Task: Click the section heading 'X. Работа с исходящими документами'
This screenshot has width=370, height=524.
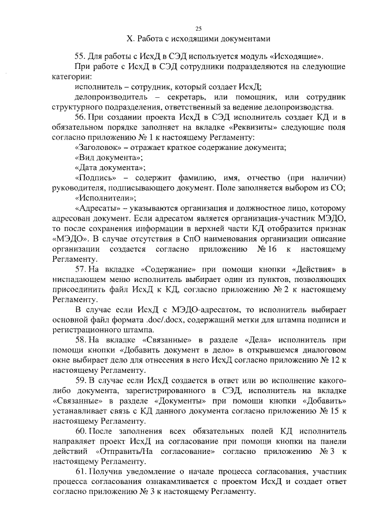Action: (x=198, y=39)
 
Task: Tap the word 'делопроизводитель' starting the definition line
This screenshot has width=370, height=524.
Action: (x=109, y=97)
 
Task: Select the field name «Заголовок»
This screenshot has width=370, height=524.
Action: (x=97, y=148)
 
